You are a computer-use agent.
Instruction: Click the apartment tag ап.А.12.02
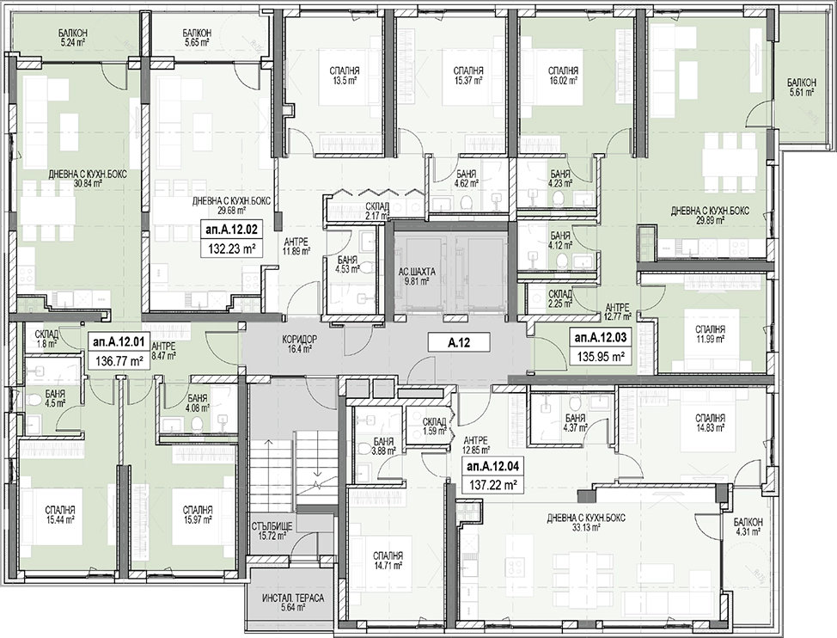(x=231, y=230)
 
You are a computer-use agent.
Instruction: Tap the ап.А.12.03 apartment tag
(x=601, y=337)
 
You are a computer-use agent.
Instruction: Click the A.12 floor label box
(x=459, y=342)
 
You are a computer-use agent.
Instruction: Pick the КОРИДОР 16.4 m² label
(x=299, y=344)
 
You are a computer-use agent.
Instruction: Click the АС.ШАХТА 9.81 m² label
(x=417, y=276)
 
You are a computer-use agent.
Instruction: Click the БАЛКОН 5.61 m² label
(x=801, y=87)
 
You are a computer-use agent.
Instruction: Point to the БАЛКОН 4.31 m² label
(x=748, y=527)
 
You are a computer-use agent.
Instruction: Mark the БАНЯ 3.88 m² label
(x=383, y=446)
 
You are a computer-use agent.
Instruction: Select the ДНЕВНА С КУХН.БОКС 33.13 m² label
(x=585, y=523)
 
